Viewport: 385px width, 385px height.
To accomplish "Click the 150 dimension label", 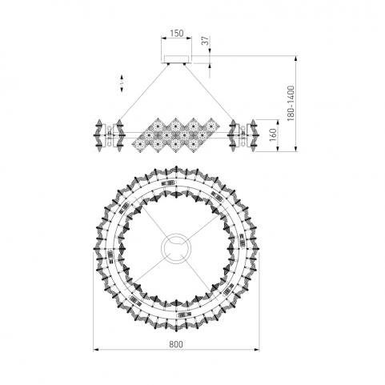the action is [x=177, y=34].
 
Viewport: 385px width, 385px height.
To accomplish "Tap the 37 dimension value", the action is [x=206, y=41].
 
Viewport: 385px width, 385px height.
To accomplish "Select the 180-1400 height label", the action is [x=291, y=103].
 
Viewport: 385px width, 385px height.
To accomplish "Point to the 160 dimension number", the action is [x=273, y=134].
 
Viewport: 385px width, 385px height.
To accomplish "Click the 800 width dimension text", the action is [x=176, y=344].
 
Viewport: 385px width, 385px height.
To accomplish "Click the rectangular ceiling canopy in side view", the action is [x=176, y=59].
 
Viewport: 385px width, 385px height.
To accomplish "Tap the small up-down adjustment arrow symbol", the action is [x=122, y=83].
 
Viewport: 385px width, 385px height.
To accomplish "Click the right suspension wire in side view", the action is [x=209, y=92].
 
